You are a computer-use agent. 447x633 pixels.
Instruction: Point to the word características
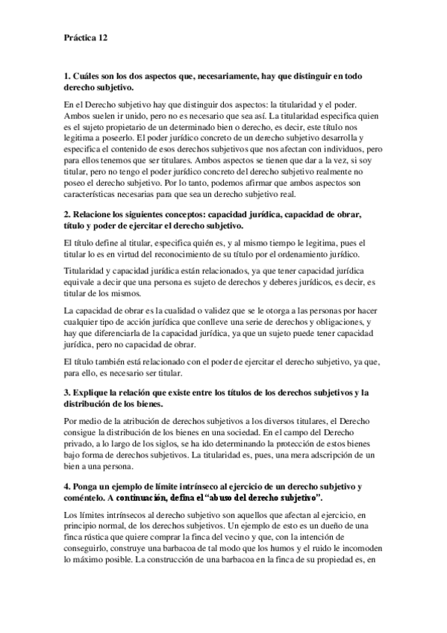pyautogui.click(x=93, y=196)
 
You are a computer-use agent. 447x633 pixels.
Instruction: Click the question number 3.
pyautogui.click(x=66, y=393)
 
